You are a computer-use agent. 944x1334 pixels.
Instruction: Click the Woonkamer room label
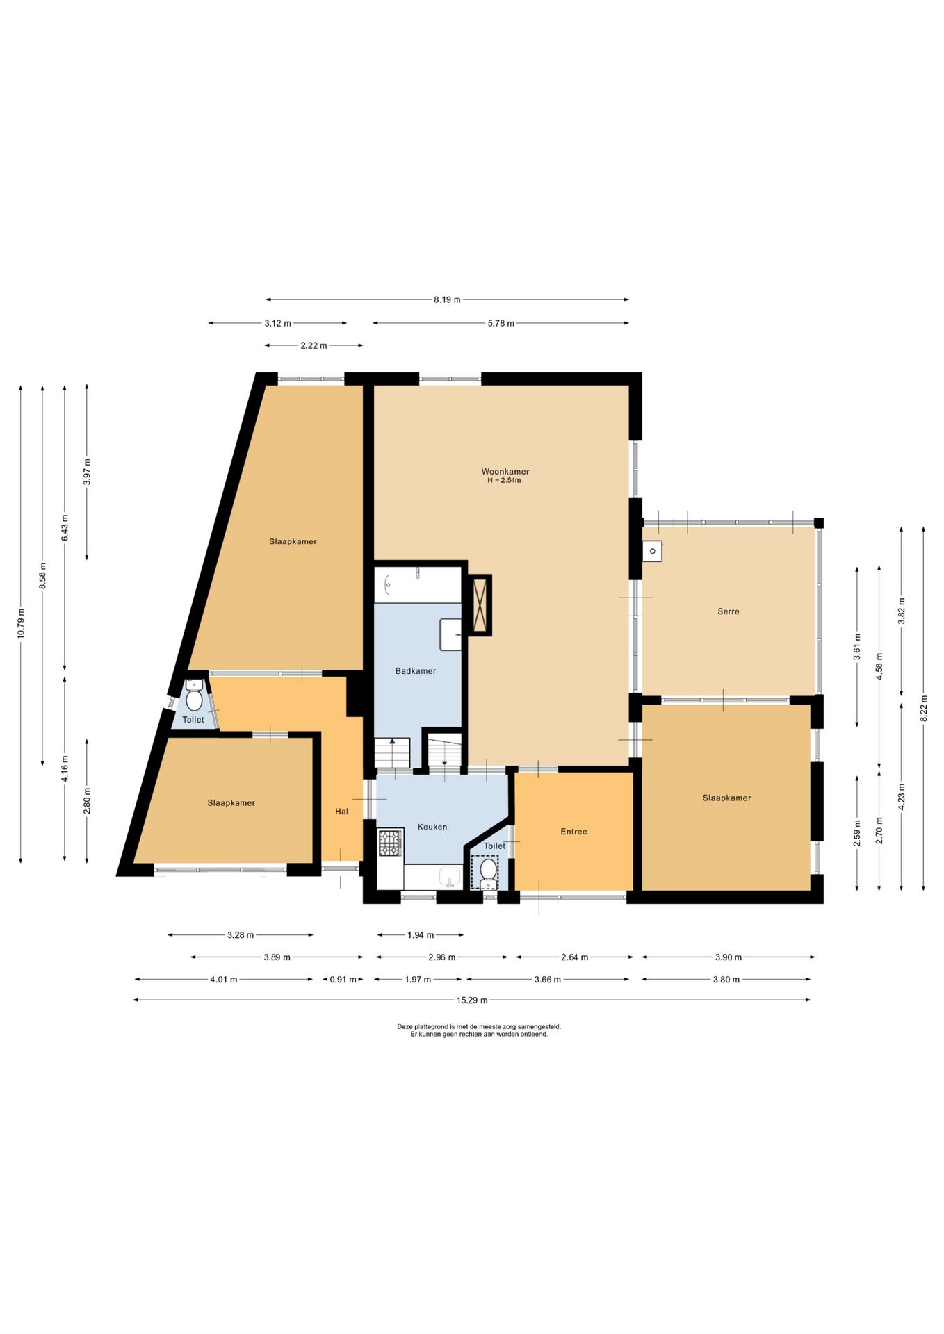click(505, 472)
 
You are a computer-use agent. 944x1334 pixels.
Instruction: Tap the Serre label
click(728, 611)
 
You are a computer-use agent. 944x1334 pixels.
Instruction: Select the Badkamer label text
click(416, 671)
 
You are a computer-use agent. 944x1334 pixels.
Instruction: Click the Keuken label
click(432, 827)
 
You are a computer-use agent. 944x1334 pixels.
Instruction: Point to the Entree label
click(573, 832)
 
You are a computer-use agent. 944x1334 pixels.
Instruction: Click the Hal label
click(341, 812)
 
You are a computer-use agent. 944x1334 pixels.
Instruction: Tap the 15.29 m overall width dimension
click(472, 1000)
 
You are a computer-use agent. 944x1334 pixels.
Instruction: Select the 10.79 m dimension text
click(21, 623)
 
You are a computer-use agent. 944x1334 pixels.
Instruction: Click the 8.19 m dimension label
click(447, 300)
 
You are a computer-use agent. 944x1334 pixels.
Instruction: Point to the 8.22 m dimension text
click(924, 709)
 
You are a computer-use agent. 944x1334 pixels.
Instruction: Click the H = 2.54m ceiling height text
click(504, 481)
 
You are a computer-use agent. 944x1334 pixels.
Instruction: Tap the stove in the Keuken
click(390, 843)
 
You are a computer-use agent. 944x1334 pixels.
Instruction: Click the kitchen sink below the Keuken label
click(450, 878)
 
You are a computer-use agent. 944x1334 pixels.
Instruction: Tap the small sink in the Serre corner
click(652, 552)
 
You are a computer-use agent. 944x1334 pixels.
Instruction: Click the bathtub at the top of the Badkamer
click(418, 585)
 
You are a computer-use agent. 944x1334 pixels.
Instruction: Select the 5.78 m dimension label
click(501, 324)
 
